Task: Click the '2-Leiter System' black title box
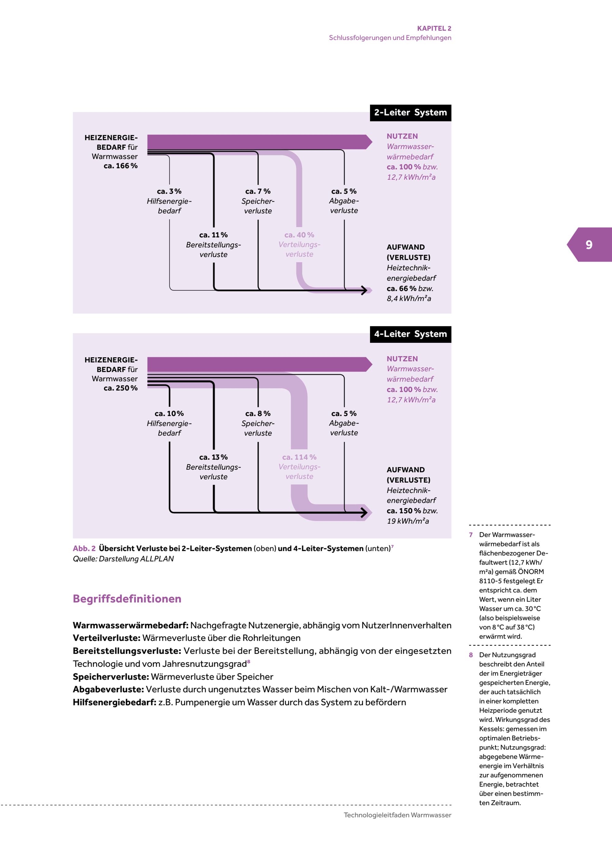410,113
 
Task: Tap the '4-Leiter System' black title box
410,334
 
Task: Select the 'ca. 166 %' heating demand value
121,166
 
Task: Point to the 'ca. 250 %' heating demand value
121,388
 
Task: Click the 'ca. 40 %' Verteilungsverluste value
299,235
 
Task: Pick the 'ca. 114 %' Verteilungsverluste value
299,457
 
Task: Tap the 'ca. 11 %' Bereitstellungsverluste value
213,235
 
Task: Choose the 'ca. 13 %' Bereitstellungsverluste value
213,457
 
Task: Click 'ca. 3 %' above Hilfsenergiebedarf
169,191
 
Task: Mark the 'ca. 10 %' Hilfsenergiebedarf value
169,414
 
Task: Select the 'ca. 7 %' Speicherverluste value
258,191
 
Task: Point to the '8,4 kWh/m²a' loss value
409,299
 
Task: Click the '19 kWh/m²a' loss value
408,521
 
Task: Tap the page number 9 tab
589,245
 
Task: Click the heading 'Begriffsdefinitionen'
127,599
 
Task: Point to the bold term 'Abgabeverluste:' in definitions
108,689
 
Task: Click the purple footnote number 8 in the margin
471,655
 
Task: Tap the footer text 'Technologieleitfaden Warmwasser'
397,815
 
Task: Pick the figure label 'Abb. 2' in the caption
84,548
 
